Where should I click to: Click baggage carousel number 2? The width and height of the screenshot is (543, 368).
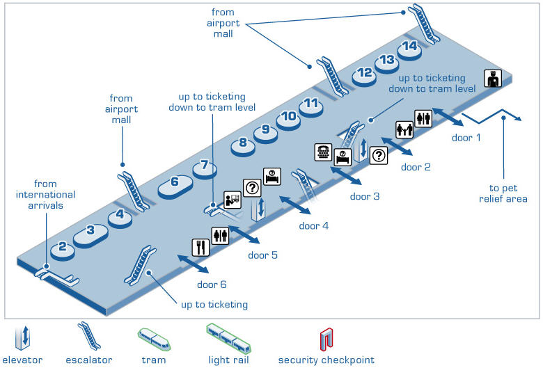(63, 247)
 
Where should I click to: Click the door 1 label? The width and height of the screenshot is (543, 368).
(466, 138)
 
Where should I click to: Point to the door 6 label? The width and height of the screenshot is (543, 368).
(212, 284)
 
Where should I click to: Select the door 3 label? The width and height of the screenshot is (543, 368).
(365, 197)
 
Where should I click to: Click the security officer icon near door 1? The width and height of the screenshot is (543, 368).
(494, 79)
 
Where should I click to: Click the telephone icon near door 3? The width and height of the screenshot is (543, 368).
(324, 152)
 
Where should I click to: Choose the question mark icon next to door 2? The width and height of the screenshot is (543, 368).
(378, 155)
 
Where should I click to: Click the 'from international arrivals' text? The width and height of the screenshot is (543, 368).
(45, 195)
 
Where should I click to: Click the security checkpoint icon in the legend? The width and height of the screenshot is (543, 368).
(326, 339)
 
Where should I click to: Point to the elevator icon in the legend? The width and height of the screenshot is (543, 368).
(23, 338)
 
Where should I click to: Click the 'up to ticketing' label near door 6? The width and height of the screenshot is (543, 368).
(214, 305)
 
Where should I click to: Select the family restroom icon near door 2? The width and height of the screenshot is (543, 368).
(405, 129)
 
